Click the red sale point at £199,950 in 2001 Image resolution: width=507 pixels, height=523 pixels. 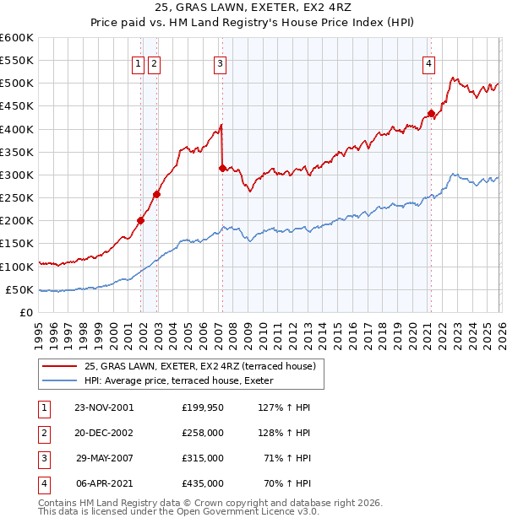[x=141, y=221]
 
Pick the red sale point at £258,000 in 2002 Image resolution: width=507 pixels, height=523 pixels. [x=157, y=194]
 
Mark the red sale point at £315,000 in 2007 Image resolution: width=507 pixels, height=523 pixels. [x=222, y=168]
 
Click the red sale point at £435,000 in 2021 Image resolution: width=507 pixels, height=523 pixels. [x=431, y=113]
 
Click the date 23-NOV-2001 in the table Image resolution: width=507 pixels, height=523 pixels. [x=104, y=407]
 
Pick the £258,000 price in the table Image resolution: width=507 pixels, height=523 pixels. [x=203, y=433]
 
